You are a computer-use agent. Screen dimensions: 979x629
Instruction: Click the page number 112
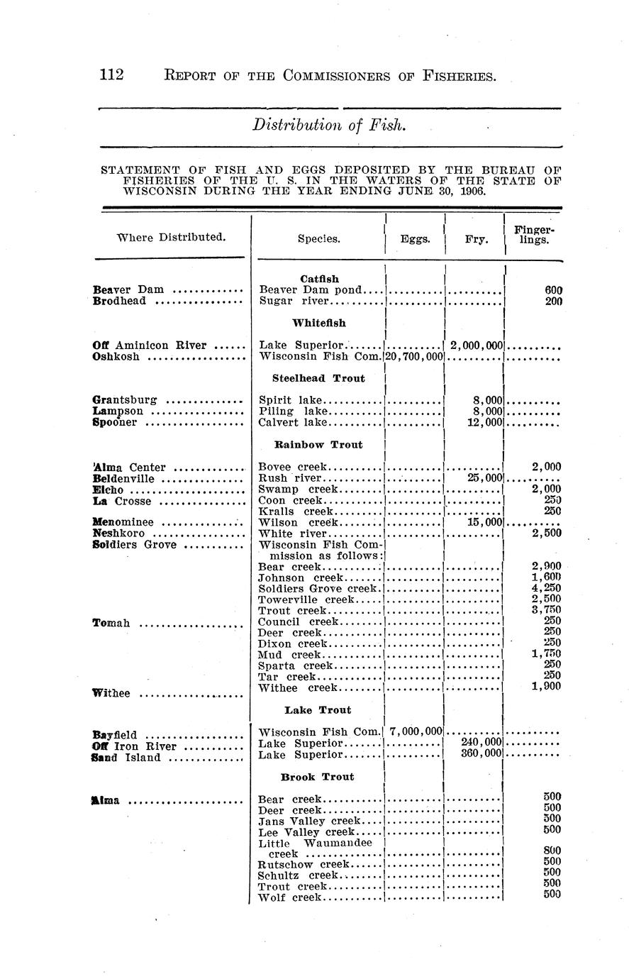[112, 74]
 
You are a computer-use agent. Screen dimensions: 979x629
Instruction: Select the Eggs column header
[415, 239]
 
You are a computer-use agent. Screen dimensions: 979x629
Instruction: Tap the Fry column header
[475, 239]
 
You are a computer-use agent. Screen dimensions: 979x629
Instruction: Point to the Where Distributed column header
[171, 236]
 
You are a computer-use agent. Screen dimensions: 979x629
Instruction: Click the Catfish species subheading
[319, 279]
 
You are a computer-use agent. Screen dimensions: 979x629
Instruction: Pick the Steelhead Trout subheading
[318, 378]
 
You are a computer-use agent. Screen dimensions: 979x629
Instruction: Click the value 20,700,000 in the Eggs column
[414, 356]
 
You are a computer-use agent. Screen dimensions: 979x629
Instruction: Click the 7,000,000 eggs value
[416, 731]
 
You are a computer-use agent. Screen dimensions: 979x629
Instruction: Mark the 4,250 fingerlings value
[546, 589]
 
